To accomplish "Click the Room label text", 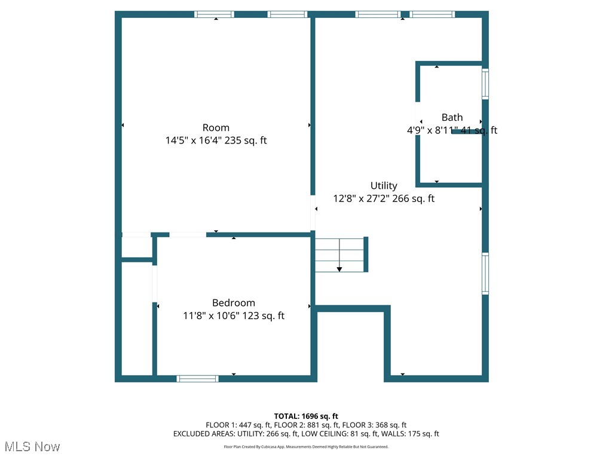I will point(216,127).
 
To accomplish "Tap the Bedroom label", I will point(234,303).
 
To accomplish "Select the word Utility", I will point(384,186).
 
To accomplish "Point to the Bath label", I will point(452,118).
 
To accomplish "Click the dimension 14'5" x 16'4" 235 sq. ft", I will point(216,141).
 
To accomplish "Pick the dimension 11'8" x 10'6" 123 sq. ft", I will point(234,316).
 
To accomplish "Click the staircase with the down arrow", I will point(340,255).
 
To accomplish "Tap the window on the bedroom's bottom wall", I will point(198,378).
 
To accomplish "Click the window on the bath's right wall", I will point(485,84).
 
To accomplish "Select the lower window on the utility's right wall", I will point(485,274).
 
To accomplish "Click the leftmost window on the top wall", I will point(215,14).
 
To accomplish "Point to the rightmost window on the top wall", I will point(432,14).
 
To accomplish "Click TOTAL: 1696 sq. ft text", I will point(306,416).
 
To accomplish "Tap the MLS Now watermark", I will point(32,446).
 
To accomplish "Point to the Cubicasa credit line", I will point(306,446).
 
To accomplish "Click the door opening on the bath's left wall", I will point(418,119).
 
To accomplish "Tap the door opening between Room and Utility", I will point(313,213).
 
